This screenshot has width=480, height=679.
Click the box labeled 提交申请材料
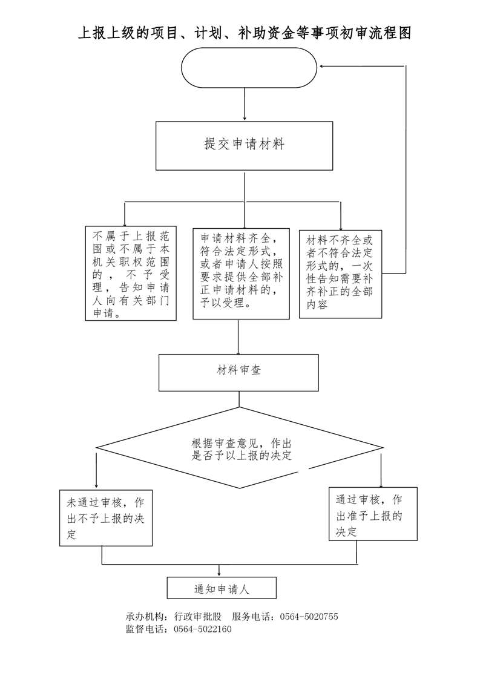[245, 145]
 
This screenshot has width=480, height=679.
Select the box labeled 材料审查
[238, 372]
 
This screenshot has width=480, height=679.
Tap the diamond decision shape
[240, 448]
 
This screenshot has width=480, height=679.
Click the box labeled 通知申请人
[222, 588]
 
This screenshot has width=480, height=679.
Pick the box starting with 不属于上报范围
[131, 274]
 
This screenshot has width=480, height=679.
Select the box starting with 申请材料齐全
[242, 274]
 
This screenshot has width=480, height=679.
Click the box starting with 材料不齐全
[341, 274]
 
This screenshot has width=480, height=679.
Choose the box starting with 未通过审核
[106, 518]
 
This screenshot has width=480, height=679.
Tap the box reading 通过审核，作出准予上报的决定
[373, 514]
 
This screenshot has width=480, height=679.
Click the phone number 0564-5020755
[309, 617]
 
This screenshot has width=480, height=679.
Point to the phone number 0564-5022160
[202, 629]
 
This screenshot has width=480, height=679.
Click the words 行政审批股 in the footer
[197, 617]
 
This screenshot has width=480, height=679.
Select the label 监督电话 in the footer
[144, 629]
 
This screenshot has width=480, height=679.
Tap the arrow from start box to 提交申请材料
[245, 104]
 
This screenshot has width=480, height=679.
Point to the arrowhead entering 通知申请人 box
[219, 573]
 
